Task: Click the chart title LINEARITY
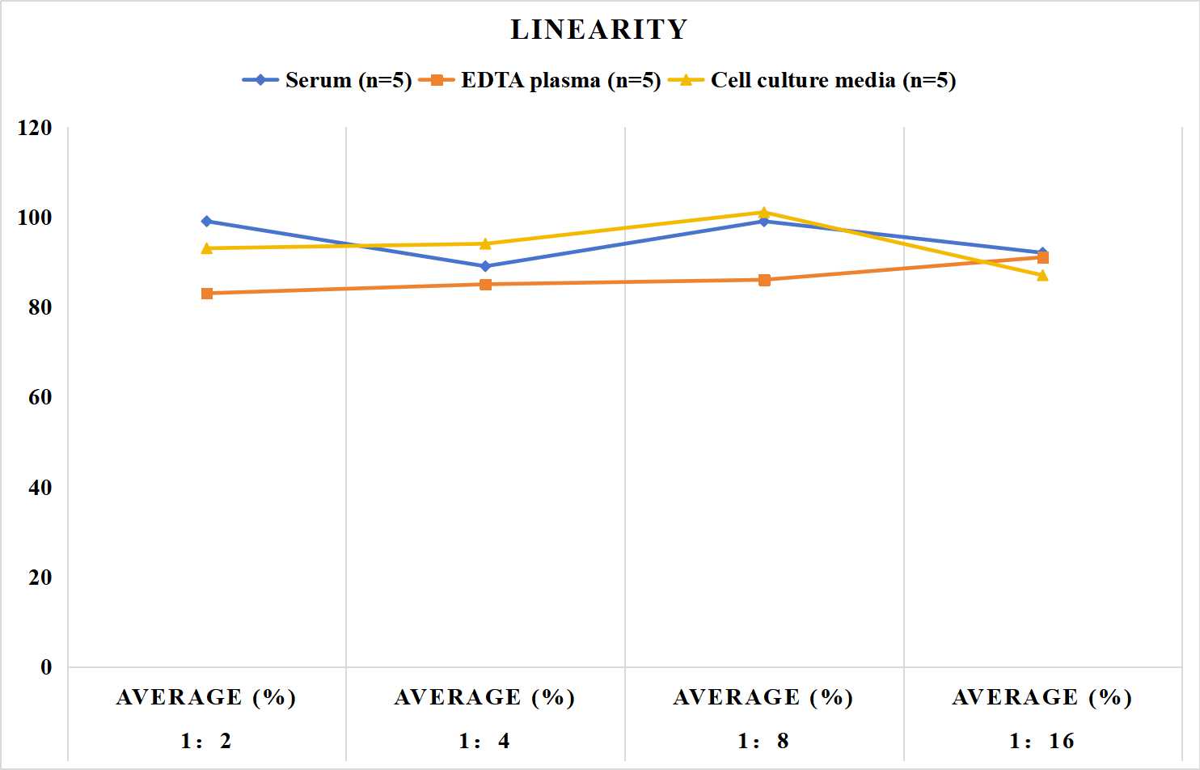(x=599, y=29)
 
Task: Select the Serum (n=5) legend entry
(x=327, y=80)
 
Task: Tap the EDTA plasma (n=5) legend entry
(x=539, y=80)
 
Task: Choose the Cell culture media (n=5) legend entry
(x=812, y=80)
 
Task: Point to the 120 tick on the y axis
(x=35, y=128)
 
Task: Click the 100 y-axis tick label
(x=35, y=218)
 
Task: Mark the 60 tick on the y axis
(x=40, y=397)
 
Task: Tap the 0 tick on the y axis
(x=46, y=667)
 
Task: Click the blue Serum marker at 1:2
(x=207, y=222)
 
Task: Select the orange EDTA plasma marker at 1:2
(x=207, y=293)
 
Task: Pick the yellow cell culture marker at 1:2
(x=207, y=247)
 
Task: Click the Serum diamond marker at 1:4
(x=485, y=266)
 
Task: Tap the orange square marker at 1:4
(x=485, y=284)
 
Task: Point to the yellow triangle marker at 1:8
(x=764, y=212)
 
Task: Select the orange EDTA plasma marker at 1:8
(x=764, y=280)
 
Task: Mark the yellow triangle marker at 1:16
(x=1042, y=275)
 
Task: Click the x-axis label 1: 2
(x=206, y=741)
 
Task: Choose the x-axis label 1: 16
(x=1042, y=741)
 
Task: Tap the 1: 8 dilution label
(x=763, y=741)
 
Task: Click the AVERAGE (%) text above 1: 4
(x=485, y=698)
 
